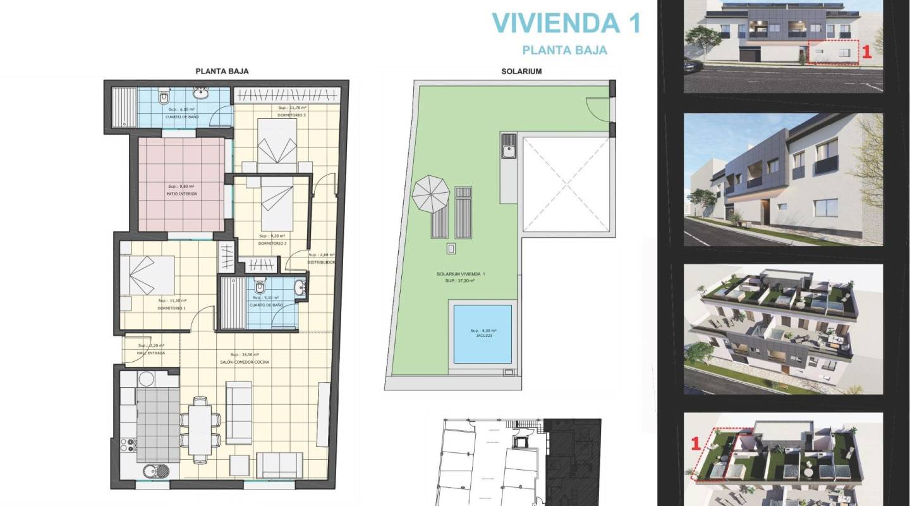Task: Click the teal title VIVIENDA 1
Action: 566,23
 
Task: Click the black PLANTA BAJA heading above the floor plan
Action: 222,71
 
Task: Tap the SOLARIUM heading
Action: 521,71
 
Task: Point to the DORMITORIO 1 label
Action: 171,308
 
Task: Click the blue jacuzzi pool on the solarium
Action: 483,334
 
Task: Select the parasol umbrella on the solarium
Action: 431,193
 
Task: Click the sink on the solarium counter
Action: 509,151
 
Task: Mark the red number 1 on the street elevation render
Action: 867,53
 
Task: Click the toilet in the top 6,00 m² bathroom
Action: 164,98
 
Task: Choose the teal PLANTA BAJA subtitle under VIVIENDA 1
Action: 565,50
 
